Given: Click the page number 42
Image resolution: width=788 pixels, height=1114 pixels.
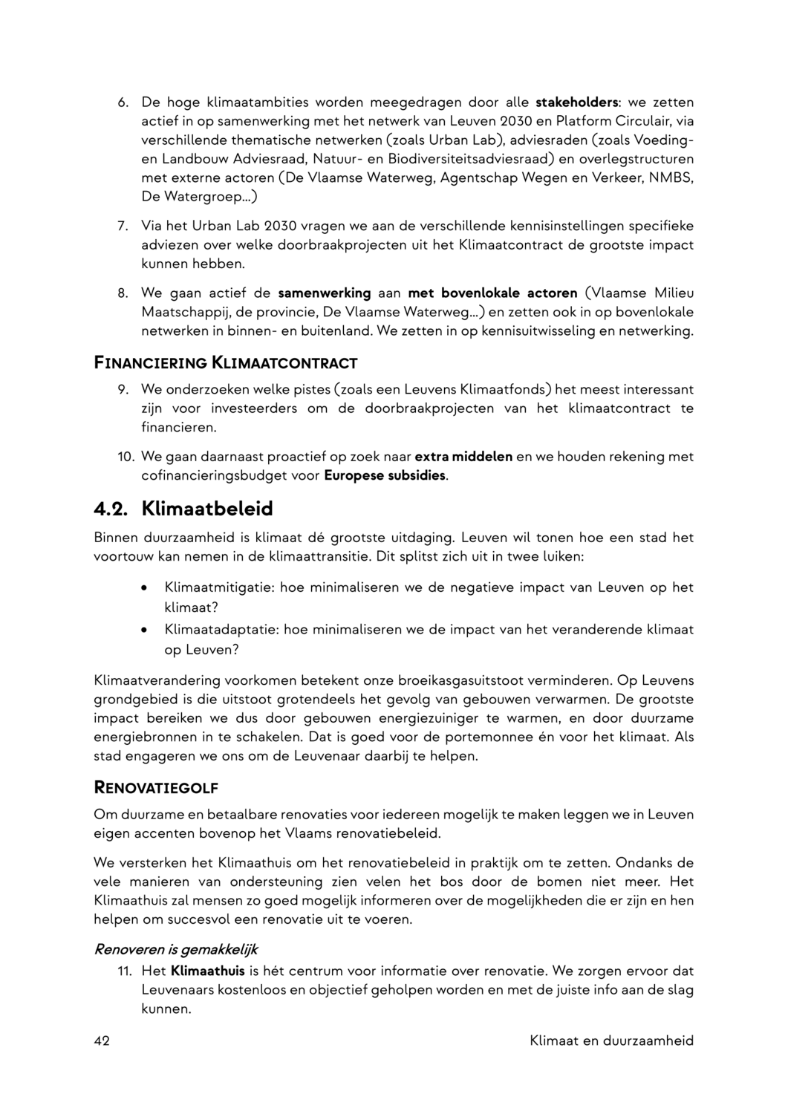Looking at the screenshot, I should tap(102, 1040).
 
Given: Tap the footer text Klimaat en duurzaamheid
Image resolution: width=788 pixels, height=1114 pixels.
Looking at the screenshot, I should tap(611, 1040).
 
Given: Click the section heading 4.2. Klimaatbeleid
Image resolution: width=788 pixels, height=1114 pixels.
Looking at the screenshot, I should tap(183, 509).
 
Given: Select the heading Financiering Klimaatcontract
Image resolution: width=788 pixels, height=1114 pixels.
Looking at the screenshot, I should tap(226, 364).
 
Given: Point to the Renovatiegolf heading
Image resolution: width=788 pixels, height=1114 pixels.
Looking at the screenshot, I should tap(156, 788).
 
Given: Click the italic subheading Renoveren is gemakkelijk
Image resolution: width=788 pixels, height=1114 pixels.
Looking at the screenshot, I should tap(176, 950).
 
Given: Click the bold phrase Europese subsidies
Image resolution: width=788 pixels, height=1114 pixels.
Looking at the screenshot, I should tap(385, 475).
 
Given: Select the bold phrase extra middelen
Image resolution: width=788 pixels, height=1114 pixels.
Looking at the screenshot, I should tap(463, 456).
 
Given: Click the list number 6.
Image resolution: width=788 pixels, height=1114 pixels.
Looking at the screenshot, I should tap(123, 102).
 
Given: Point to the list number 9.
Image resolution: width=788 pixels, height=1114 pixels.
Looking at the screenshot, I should tap(123, 389).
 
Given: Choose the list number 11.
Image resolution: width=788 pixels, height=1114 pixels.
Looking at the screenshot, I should tap(124, 971).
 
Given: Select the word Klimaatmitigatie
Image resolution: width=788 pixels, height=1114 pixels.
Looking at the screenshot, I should tap(219, 587).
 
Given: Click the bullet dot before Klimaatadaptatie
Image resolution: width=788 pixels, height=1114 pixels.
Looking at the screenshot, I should tap(143, 630).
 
